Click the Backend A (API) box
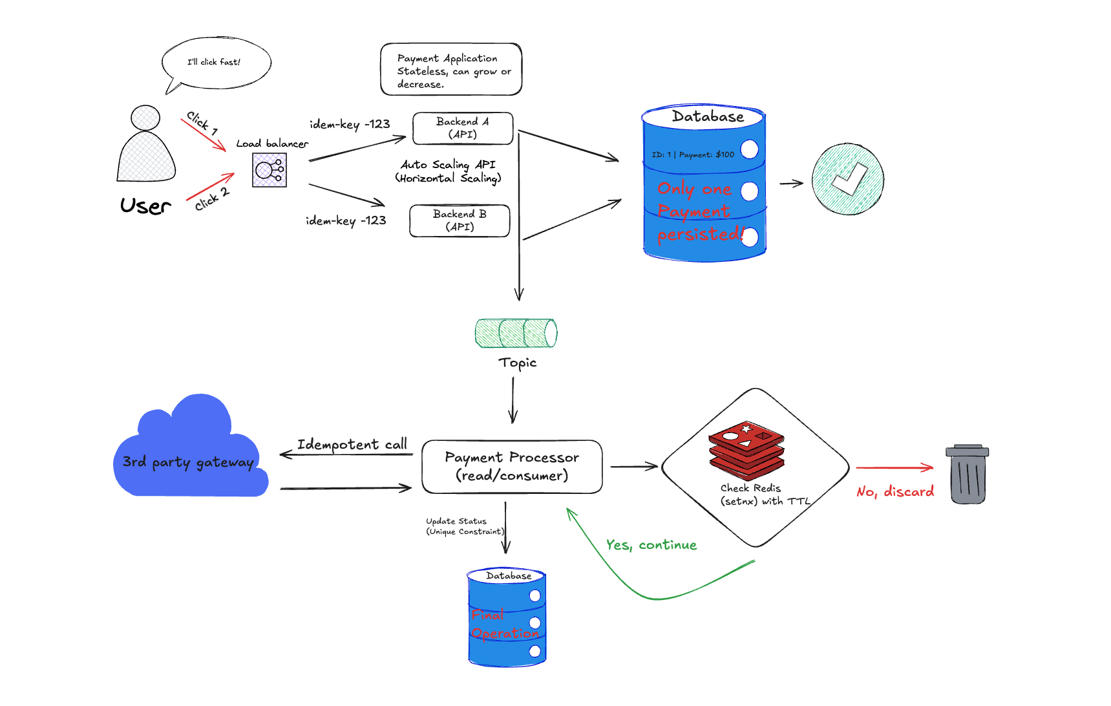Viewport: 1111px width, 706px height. tap(463, 128)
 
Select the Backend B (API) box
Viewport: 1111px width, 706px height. tap(460, 220)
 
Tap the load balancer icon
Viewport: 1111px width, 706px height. tap(270, 170)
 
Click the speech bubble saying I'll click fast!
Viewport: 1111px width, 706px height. tap(215, 63)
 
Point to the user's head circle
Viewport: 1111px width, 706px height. tap(145, 118)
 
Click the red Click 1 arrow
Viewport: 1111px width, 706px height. tap(204, 134)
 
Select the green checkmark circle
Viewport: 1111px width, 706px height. tap(847, 179)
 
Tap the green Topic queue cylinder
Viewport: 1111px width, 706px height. tap(516, 333)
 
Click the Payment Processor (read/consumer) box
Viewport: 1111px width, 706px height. tap(512, 467)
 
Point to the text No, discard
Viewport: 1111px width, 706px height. tap(895, 492)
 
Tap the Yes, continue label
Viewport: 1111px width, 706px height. tap(651, 545)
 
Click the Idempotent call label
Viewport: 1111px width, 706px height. tap(352, 444)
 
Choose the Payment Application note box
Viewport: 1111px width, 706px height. tap(451, 70)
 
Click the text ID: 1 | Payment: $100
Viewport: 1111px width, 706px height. tap(693, 155)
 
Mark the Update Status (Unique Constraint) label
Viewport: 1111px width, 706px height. tap(465, 526)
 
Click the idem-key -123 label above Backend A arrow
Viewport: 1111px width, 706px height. tap(350, 124)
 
